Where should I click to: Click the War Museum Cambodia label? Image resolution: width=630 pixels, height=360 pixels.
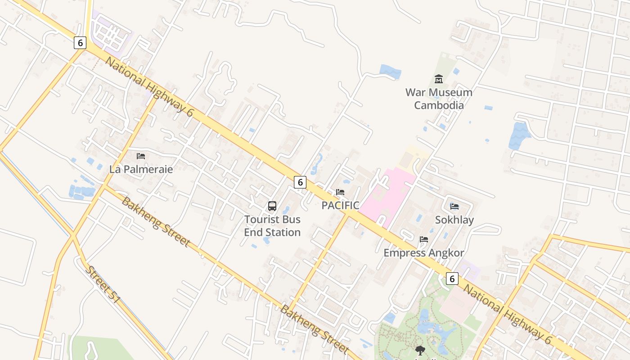pos(439,99)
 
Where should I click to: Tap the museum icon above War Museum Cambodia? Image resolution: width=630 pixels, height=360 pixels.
pos(439,80)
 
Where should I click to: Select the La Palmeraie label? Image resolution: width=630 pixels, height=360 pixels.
pos(141,169)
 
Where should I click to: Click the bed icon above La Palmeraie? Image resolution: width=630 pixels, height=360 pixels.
pos(141,156)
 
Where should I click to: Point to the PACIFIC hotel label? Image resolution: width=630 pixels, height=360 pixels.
pos(340,206)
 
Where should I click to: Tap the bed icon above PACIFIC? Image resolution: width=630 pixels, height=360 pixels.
pos(340,192)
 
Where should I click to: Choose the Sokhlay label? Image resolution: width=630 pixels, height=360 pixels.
pos(454,220)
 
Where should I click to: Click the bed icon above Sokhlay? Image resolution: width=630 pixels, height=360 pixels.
pos(454,207)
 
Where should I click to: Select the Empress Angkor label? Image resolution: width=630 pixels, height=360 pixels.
pos(423,253)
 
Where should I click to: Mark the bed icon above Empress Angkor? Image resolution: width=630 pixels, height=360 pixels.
pos(423,239)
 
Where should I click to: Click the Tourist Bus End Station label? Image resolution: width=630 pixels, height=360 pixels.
pos(272,226)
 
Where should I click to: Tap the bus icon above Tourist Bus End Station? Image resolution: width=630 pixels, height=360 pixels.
pos(272,206)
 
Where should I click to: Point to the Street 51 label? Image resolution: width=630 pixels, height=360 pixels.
pos(103,284)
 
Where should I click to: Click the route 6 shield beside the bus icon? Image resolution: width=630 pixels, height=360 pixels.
pos(300,182)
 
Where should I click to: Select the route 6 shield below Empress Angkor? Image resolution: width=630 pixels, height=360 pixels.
pos(452,279)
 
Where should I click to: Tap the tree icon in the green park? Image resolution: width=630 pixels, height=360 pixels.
pos(420,350)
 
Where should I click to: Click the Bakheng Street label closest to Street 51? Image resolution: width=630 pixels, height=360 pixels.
pos(155,221)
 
